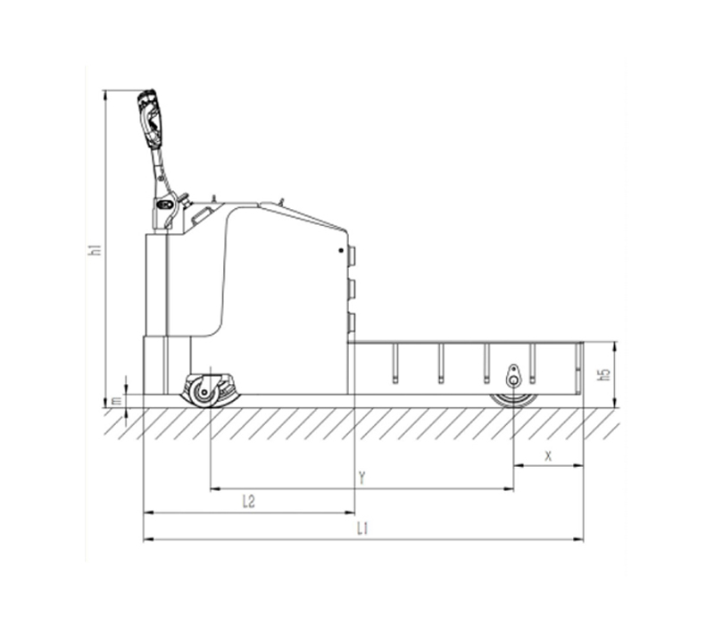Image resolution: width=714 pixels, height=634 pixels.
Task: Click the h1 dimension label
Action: (x=95, y=250)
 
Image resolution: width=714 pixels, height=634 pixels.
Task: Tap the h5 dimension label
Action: (x=605, y=374)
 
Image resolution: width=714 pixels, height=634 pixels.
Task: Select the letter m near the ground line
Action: (x=117, y=400)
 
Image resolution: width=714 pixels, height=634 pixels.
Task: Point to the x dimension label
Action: (x=548, y=455)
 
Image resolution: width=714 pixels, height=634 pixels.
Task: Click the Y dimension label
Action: (x=361, y=478)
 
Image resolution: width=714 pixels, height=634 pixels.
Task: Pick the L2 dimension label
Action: (x=248, y=502)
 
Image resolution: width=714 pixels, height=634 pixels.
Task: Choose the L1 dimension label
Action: (x=362, y=529)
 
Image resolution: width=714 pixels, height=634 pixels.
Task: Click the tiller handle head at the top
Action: (x=150, y=118)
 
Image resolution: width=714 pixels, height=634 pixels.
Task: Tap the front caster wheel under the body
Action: (x=203, y=392)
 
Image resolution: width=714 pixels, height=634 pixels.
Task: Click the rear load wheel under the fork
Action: (x=514, y=400)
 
